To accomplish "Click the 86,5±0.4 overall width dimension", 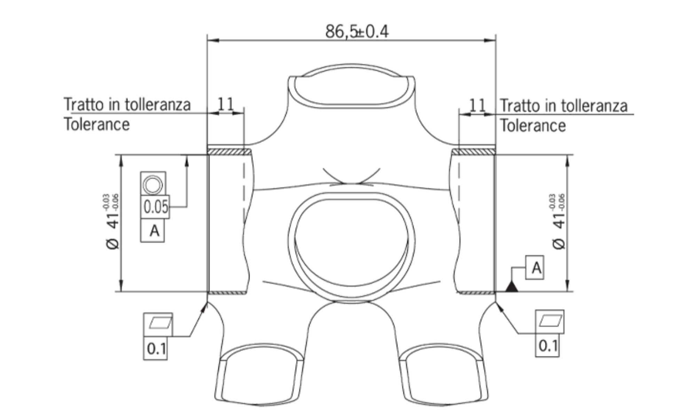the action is tap(357, 31).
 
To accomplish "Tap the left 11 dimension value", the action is tap(226, 104).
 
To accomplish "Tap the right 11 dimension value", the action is tap(477, 105).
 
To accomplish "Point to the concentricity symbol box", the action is tap(153, 184).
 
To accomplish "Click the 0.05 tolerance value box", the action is tap(156, 207).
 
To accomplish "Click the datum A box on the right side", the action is tap(535, 268).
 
